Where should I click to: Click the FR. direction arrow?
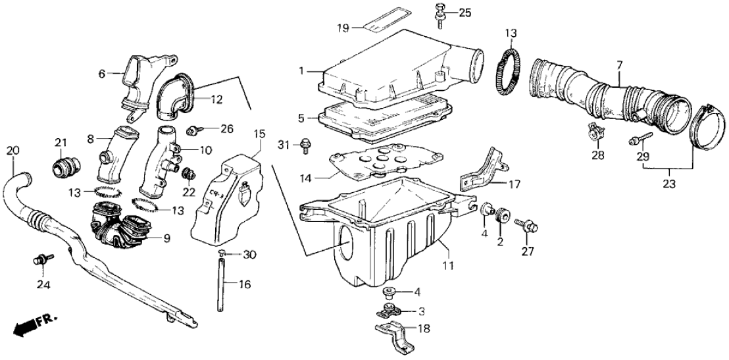[33, 325]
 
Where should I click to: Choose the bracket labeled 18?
[393, 336]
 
